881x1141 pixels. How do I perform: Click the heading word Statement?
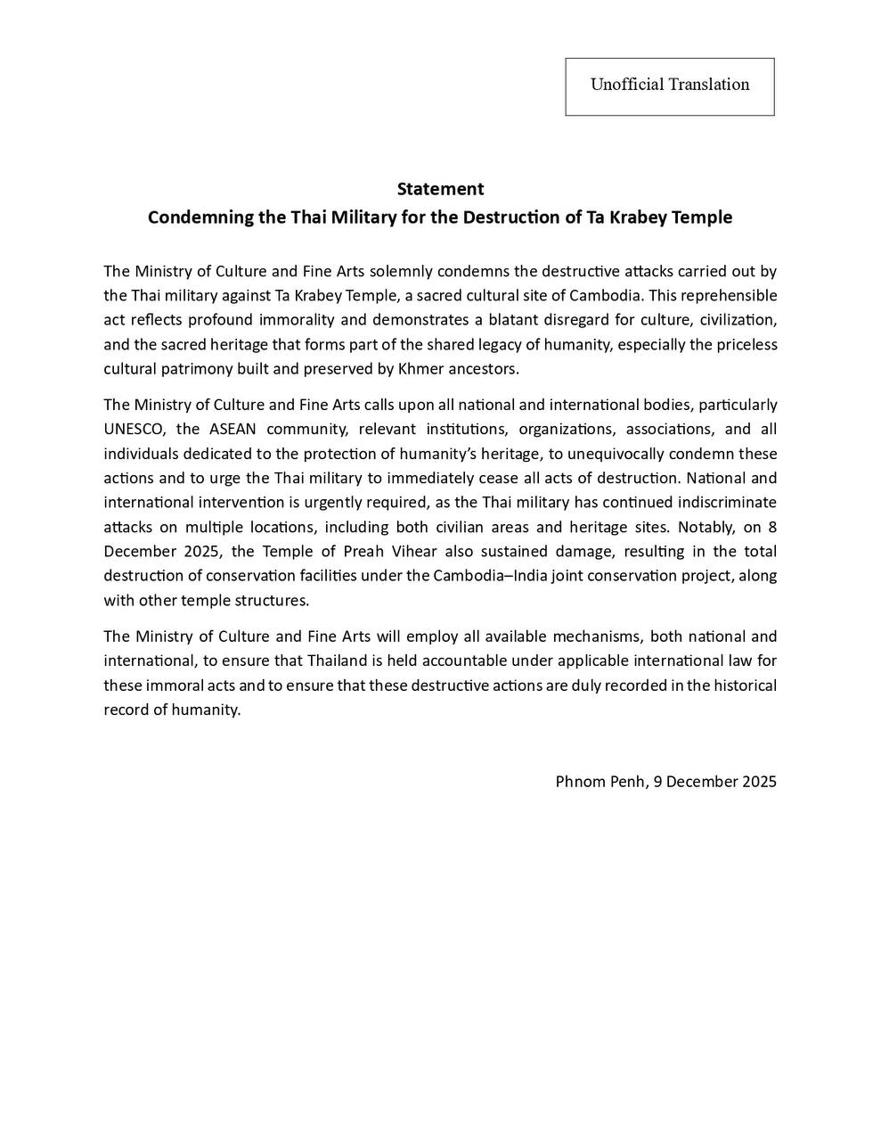(440, 189)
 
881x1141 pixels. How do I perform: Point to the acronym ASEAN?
(232, 429)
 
